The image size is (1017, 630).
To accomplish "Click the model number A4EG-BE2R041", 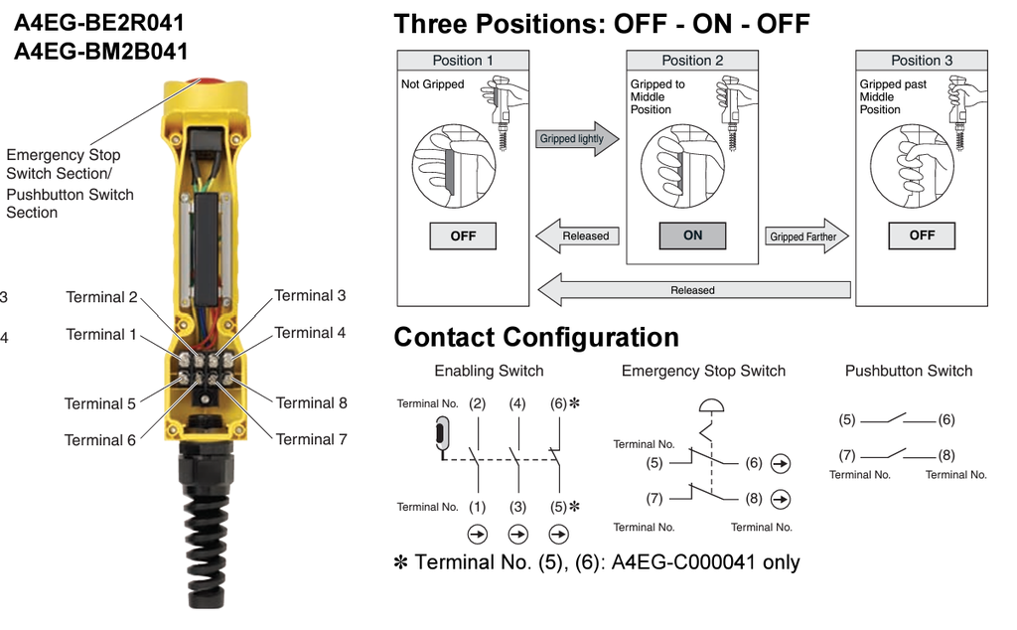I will coord(99,22).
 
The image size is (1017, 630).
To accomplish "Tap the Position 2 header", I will coord(692,61).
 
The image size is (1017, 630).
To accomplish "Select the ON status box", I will coord(692,236).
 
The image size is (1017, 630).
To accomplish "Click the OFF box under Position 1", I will coord(463,236).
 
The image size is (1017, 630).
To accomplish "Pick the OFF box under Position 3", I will coord(922,236).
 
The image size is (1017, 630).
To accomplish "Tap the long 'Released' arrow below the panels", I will coord(692,290).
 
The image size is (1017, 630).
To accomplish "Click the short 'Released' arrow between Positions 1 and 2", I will coord(579,236).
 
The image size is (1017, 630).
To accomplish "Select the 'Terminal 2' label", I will coord(101,297).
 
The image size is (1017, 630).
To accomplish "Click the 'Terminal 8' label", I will coord(312,402).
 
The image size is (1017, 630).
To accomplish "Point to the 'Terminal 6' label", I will coord(100,440).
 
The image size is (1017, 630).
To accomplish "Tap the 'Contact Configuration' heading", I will coord(536,338).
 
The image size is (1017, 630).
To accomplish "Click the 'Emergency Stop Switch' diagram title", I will coord(703,371).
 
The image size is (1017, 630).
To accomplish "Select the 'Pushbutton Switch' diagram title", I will coord(909,371).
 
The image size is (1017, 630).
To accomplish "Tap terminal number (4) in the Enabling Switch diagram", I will coord(517,403).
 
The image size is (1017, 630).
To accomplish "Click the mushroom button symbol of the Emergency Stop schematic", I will coord(710,405).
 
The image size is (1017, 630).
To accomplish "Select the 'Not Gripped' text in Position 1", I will coord(432,84).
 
